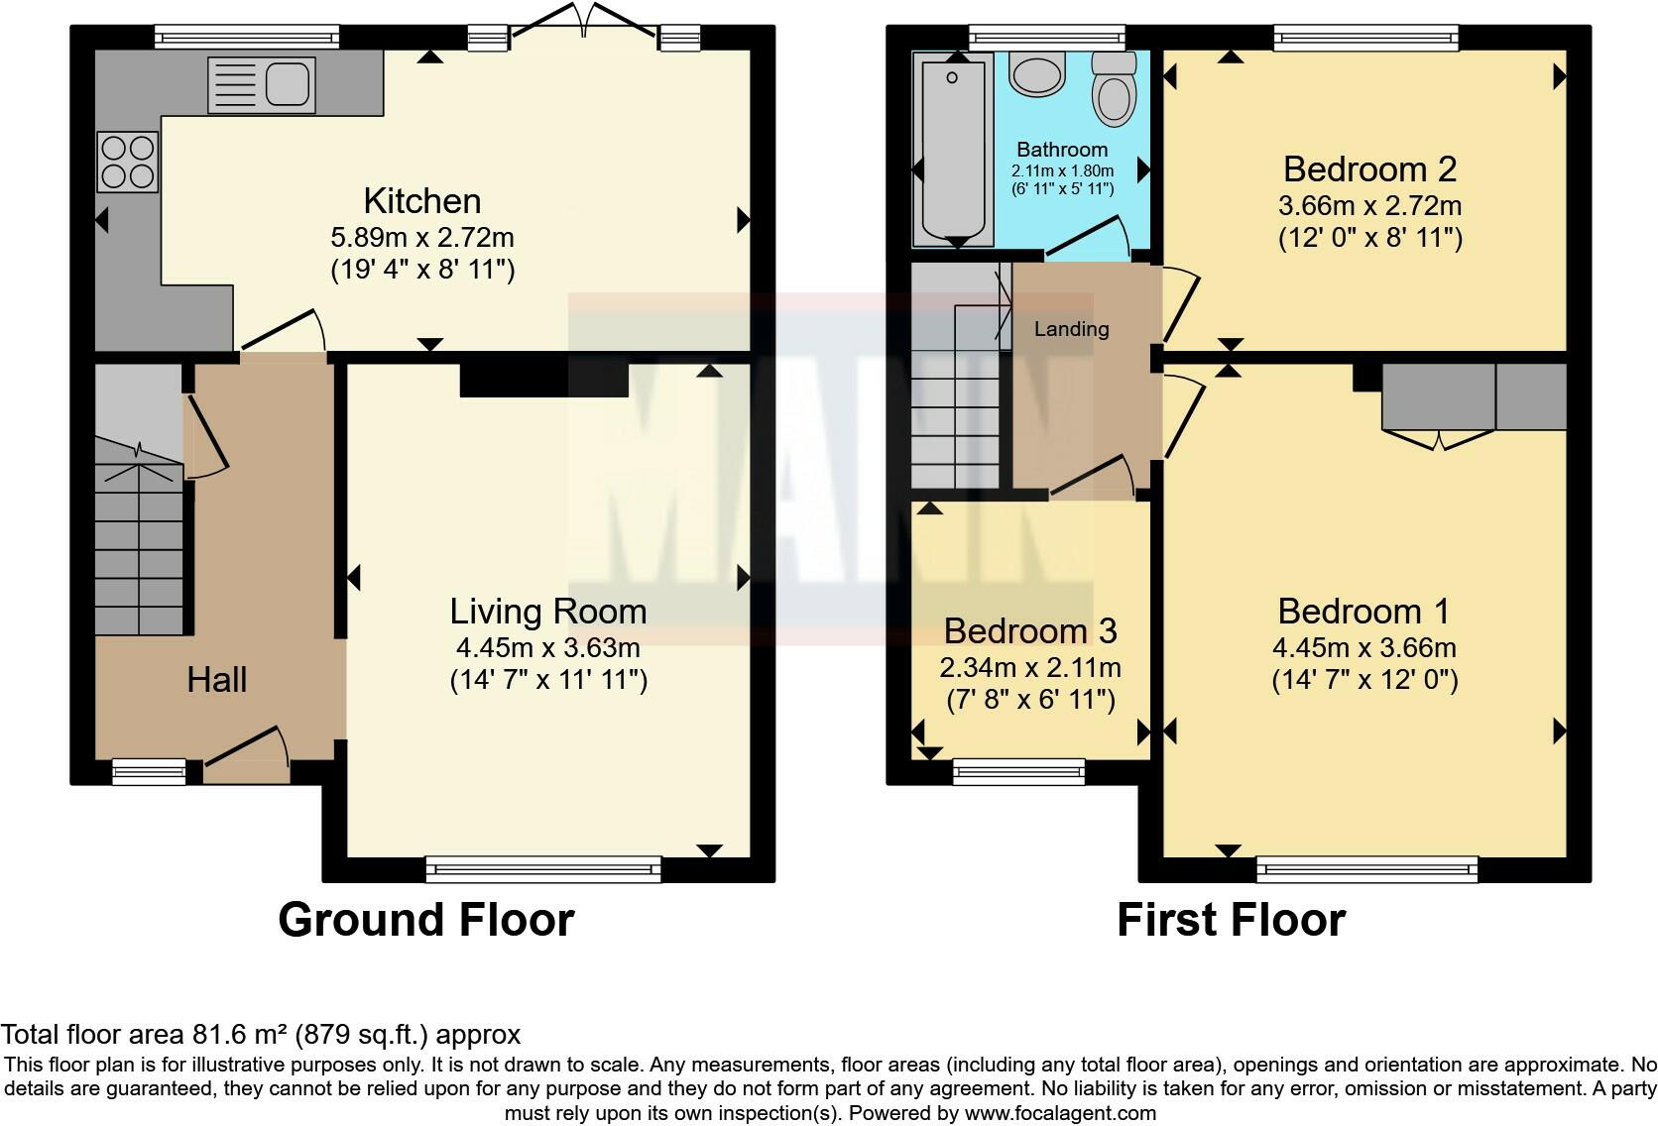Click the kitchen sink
[x=262, y=84]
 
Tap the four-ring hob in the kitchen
[x=128, y=163]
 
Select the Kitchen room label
[x=422, y=201]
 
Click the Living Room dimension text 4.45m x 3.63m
[x=548, y=648]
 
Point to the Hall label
[x=217, y=680]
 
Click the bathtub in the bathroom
[x=953, y=149]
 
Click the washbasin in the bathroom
[x=1037, y=74]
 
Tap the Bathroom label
[x=1062, y=150]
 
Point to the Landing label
[x=1071, y=329]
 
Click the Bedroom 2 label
[x=1369, y=169]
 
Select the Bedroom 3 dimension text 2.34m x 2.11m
[x=1030, y=668]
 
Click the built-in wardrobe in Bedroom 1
[x=1474, y=396]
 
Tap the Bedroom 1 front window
[x=1367, y=870]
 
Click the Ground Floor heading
[x=426, y=920]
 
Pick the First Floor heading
[x=1231, y=920]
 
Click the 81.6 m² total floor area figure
[x=238, y=1035]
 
